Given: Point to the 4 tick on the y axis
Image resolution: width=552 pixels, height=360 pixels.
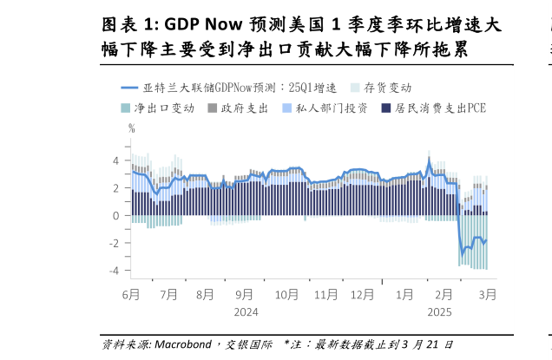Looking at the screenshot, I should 115,160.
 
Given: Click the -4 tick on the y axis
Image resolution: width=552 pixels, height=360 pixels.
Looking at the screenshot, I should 114,271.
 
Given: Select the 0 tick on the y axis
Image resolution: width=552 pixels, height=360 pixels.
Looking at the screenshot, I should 115,215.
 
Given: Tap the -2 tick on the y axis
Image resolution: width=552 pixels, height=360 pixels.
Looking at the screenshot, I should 114,243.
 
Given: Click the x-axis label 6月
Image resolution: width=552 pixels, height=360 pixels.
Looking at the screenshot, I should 131,294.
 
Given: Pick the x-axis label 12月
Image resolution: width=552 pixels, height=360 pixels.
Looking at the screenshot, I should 363,294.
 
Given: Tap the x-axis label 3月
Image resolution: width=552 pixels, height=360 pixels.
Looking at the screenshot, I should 487,294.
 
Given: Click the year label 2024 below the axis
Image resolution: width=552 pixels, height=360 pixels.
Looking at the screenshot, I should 246,312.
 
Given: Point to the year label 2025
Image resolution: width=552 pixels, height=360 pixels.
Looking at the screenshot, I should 439,312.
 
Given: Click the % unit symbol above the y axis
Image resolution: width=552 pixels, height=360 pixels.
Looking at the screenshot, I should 131,128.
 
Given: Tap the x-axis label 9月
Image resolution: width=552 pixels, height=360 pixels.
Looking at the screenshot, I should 245,294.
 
